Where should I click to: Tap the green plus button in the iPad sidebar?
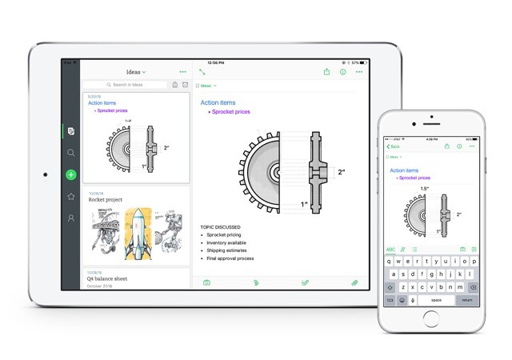pyautogui.click(x=71, y=174)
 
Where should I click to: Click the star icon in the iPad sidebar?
pyautogui.click(x=71, y=196)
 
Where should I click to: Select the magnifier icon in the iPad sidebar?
pyautogui.click(x=71, y=153)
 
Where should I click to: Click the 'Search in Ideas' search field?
pyautogui.click(x=126, y=85)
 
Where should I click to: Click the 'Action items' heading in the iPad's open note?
pyautogui.click(x=218, y=103)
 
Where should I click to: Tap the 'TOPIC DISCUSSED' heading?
pyautogui.click(x=225, y=227)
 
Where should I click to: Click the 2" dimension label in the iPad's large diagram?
pyautogui.click(x=341, y=172)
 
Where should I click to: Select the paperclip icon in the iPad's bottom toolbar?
pyautogui.click(x=354, y=282)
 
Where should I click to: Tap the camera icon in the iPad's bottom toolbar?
pyautogui.click(x=206, y=282)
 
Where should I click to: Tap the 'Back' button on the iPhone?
pyautogui.click(x=393, y=147)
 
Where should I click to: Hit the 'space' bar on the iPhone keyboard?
pyautogui.click(x=436, y=300)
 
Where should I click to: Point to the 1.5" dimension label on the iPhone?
pyautogui.click(x=425, y=189)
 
